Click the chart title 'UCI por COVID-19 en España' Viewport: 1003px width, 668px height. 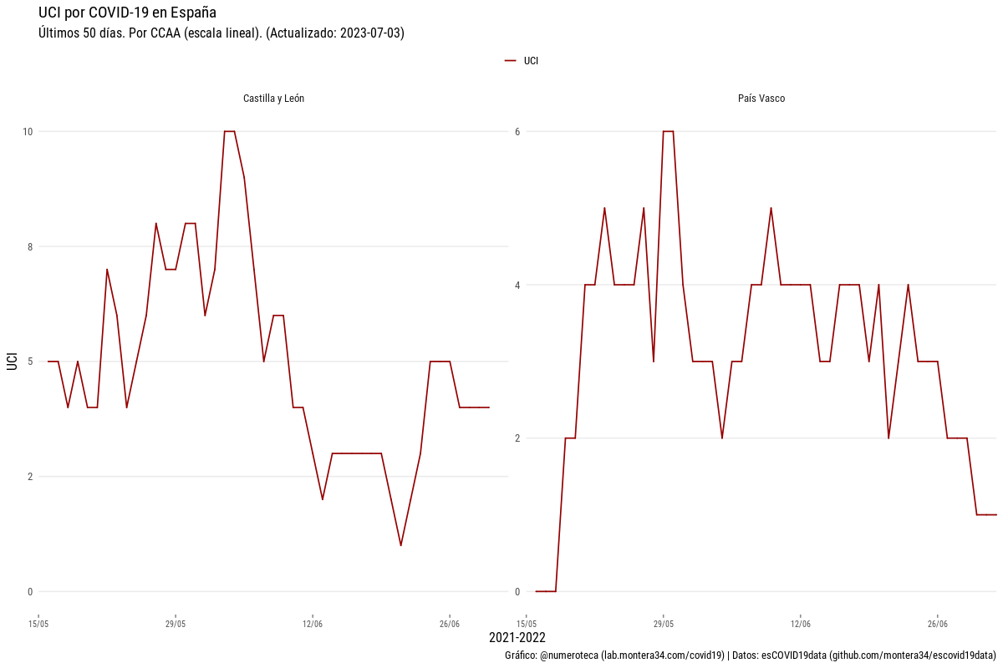click(127, 13)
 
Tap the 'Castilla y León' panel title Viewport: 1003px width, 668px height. click(273, 99)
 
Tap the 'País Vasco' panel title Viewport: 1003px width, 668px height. click(761, 99)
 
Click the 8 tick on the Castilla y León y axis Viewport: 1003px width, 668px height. click(30, 247)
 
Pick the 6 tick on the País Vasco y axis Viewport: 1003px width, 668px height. click(517, 132)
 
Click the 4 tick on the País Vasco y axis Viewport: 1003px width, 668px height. click(517, 286)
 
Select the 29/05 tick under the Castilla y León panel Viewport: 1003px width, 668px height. click(176, 624)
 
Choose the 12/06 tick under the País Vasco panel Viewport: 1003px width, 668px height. click(800, 624)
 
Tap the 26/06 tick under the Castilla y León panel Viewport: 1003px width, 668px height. click(450, 624)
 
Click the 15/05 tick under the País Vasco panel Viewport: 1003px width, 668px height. click(527, 624)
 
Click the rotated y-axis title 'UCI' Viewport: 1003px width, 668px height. click(12, 362)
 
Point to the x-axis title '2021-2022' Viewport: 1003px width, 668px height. click(517, 638)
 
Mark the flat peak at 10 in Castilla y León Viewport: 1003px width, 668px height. click(229, 131)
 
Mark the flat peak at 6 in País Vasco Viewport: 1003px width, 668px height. click(668, 131)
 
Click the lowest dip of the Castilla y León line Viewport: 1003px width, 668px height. click(401, 545)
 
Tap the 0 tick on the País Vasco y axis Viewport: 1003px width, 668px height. click(517, 592)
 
